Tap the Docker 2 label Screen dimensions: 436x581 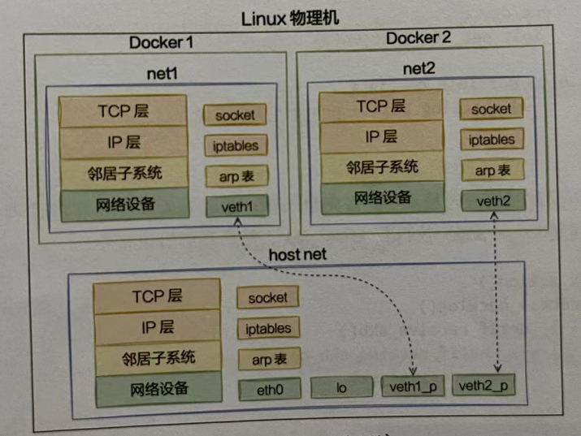pyautogui.click(x=418, y=38)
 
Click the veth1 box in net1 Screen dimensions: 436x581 pyautogui.click(x=236, y=206)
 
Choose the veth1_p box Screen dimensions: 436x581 pyautogui.click(x=412, y=386)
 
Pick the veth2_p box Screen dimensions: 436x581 pyautogui.click(x=483, y=385)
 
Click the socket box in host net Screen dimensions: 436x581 pyautogui.click(x=267, y=298)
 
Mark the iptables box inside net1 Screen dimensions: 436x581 pyautogui.click(x=236, y=146)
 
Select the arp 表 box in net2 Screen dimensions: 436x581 pyautogui.click(x=491, y=170)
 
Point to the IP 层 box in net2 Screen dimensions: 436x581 pyautogui.click(x=381, y=136)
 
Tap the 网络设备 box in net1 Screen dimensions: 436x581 pyautogui.click(x=125, y=204)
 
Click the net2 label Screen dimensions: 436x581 pyautogui.click(x=420, y=67)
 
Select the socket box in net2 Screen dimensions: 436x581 pyautogui.click(x=491, y=109)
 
